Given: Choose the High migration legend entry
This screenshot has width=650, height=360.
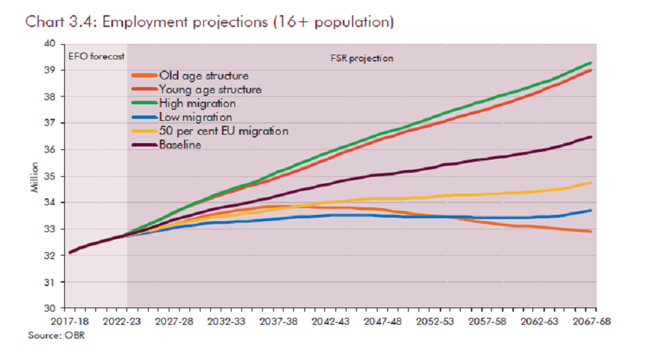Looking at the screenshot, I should click(197, 103).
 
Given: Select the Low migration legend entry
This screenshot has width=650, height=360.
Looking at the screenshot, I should click(196, 117).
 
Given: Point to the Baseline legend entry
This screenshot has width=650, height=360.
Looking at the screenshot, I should click(180, 144).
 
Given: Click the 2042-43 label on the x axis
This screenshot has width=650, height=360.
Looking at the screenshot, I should click(331, 321).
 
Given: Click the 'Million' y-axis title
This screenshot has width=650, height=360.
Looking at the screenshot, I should click(35, 177).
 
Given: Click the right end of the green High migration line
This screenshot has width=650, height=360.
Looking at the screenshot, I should click(591, 63).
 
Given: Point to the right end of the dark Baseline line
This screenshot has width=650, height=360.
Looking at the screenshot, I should click(591, 137).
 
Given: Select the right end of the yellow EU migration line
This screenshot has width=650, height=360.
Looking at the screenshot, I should click(591, 183).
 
